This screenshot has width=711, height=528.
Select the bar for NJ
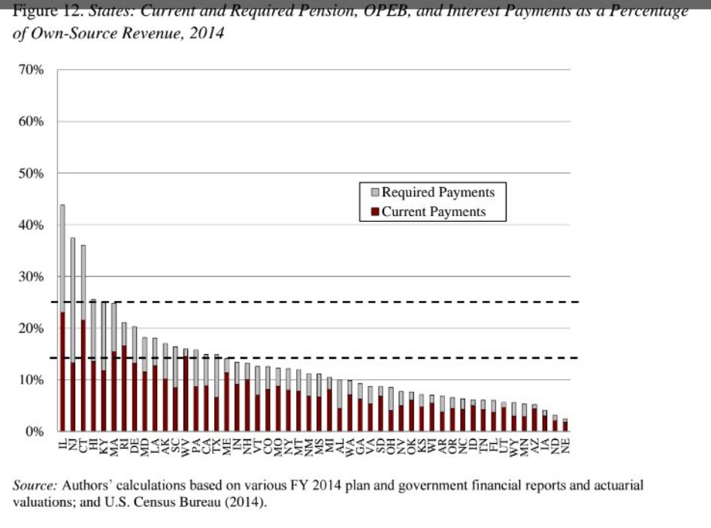click(73, 335)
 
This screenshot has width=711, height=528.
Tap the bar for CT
click(83, 338)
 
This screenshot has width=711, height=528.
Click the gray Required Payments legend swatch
click(375, 193)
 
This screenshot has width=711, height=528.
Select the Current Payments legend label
click(434, 211)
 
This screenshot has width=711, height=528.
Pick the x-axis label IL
click(62, 445)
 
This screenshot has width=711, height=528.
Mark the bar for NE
click(565, 426)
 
